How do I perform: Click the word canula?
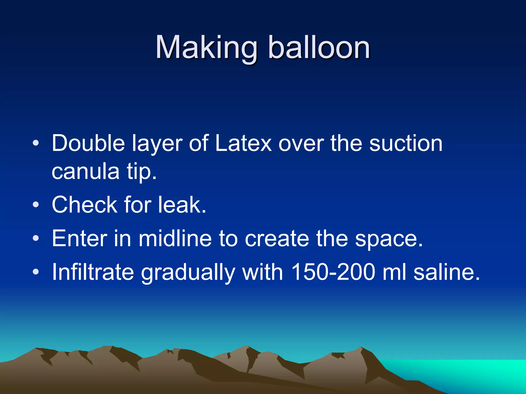(x=86, y=171)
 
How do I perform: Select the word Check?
(x=84, y=204)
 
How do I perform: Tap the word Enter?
(x=79, y=238)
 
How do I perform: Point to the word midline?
(x=175, y=238)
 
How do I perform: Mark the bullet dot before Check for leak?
(x=36, y=205)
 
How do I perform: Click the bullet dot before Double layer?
(x=36, y=143)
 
